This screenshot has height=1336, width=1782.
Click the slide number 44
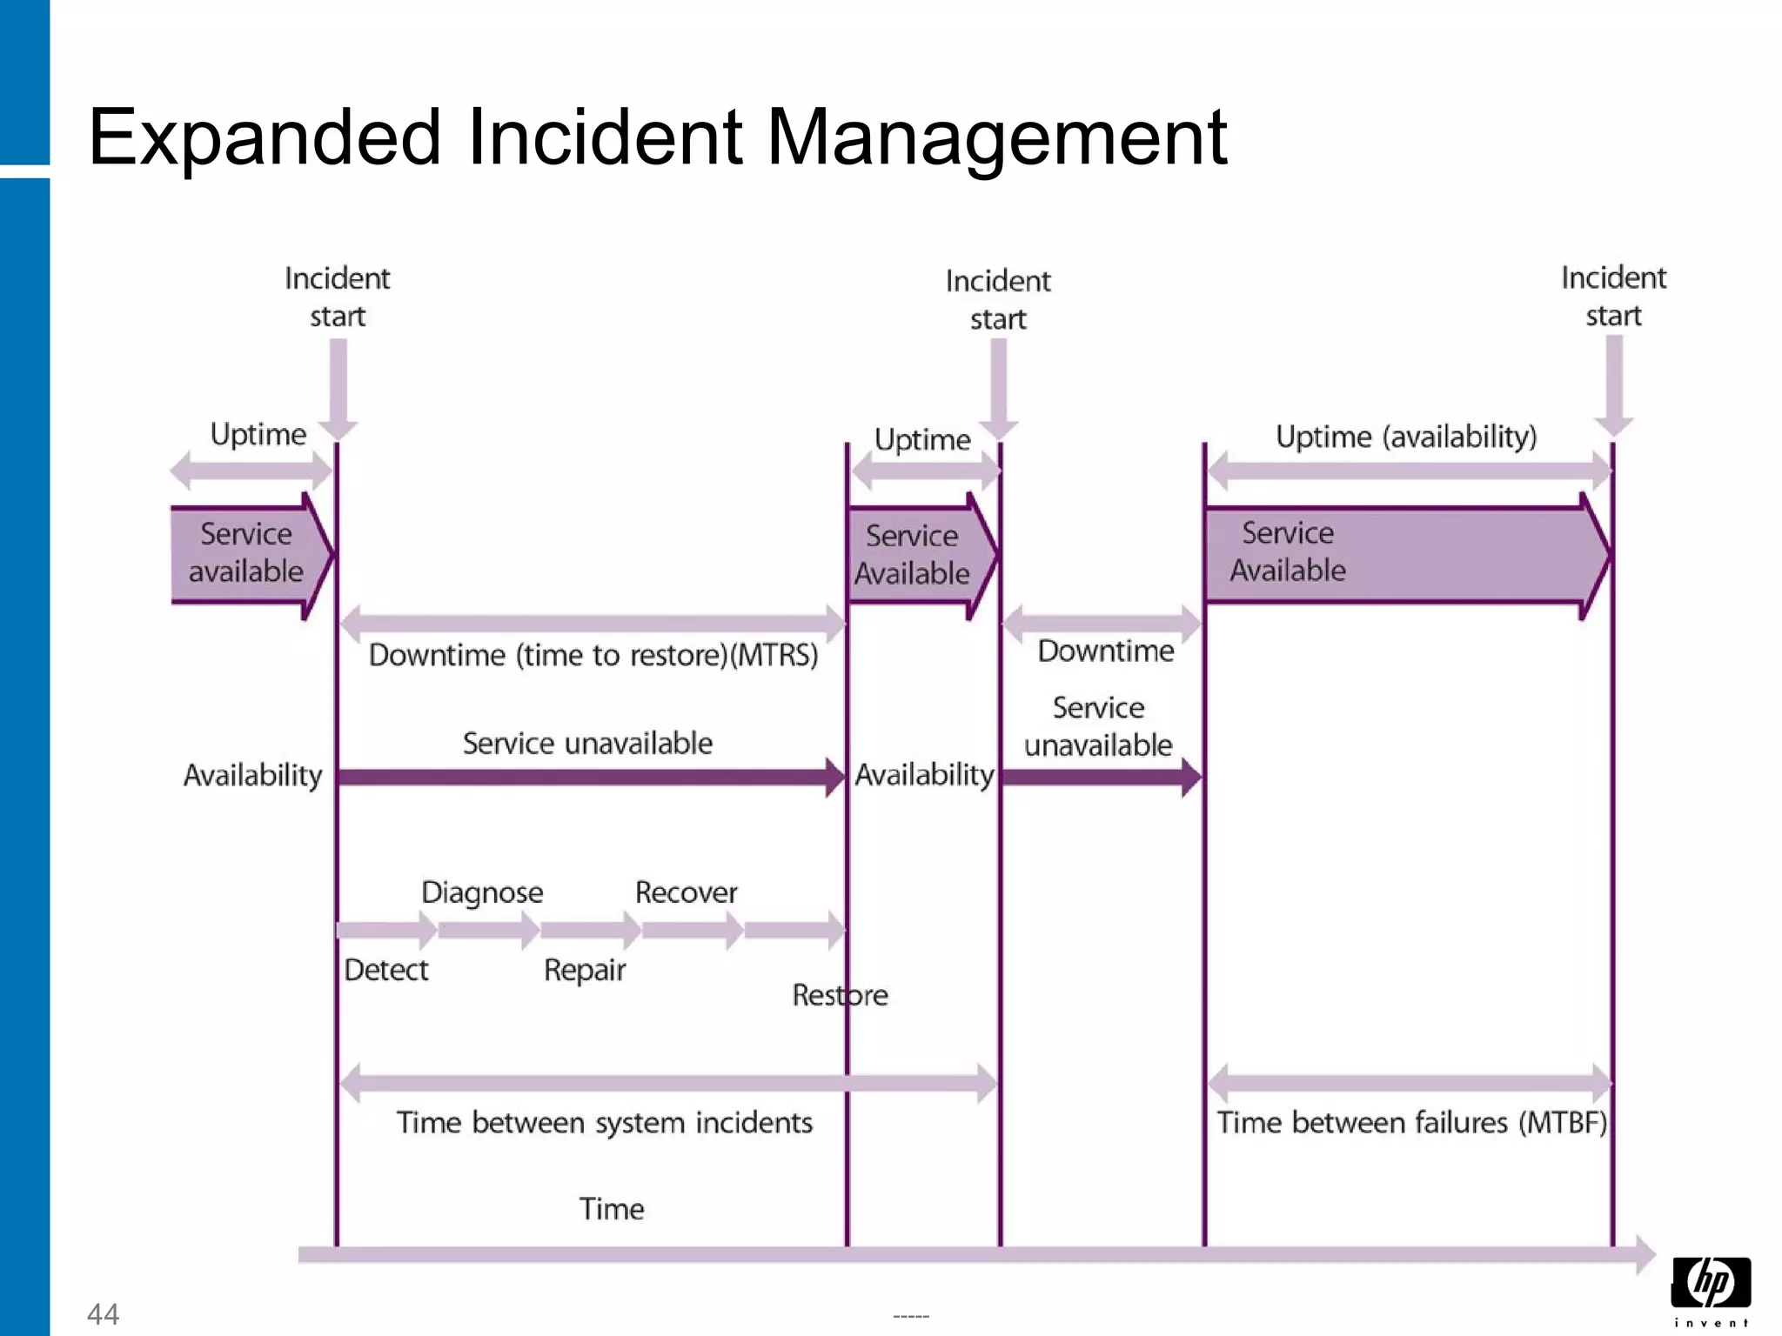[x=103, y=1313]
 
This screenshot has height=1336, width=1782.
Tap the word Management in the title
[x=996, y=137]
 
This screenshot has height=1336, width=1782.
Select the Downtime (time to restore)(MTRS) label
[x=593, y=655]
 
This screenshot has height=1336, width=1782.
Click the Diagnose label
[x=482, y=892]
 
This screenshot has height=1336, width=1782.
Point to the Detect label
[x=386, y=970]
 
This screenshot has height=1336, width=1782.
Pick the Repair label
[x=584, y=970]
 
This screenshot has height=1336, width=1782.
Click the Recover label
[x=686, y=892]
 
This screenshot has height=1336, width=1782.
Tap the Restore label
[x=840, y=995]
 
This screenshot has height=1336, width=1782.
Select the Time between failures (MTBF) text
[x=1410, y=1123]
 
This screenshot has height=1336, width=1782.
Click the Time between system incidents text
[x=604, y=1123]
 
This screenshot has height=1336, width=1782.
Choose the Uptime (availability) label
[x=1405, y=437]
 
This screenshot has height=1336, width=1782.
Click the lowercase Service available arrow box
[x=247, y=553]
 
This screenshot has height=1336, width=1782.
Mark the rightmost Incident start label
[x=1612, y=297]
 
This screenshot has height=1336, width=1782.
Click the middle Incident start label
[x=998, y=300]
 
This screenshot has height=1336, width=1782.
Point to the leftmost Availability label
[x=252, y=775]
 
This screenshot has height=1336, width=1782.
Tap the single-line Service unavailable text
[x=587, y=744]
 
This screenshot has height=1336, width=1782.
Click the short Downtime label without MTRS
[x=1105, y=651]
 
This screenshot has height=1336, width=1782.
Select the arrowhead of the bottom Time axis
[x=1645, y=1254]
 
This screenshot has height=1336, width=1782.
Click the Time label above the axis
[x=612, y=1209]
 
